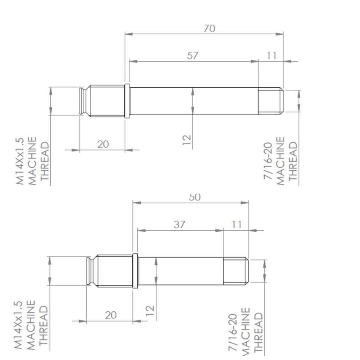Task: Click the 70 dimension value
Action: point(209,29)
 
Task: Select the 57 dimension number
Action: point(193,55)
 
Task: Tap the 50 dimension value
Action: point(195,197)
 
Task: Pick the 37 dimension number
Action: point(180,224)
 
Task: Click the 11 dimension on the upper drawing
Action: point(272,55)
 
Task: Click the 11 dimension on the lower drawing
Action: point(237,224)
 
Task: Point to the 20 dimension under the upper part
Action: point(103,144)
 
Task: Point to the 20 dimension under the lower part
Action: point(111,315)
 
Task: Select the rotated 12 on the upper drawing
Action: point(187,139)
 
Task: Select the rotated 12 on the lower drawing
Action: point(150,310)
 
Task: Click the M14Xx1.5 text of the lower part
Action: point(18,325)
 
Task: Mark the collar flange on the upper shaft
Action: point(127,101)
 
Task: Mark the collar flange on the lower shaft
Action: point(135,271)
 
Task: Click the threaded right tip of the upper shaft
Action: point(270,101)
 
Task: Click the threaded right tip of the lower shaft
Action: point(235,271)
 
